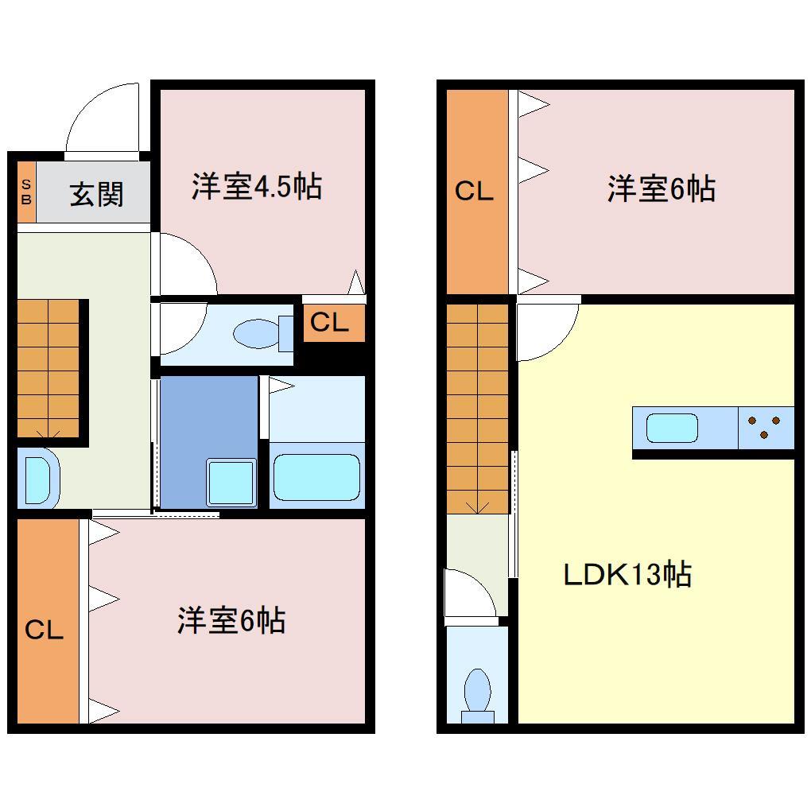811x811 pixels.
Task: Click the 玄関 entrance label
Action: coord(96,194)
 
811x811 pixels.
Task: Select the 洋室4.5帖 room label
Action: coord(256,187)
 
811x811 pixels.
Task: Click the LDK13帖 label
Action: coord(627,573)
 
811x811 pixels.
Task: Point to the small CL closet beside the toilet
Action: coord(329,323)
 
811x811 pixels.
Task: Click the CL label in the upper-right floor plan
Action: coord(474,192)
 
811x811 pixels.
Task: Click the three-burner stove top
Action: coord(766,427)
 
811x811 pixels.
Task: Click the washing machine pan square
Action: coord(231,480)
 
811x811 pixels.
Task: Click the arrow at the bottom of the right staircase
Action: coord(477,505)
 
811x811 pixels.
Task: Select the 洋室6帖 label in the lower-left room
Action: coord(231,621)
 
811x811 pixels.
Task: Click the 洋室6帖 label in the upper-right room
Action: coord(662,189)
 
